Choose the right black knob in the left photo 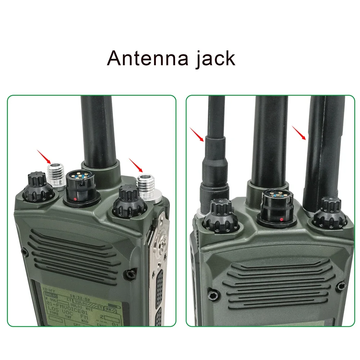(128, 202)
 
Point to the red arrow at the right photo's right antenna (299, 133)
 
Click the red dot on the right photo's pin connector (281, 219)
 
